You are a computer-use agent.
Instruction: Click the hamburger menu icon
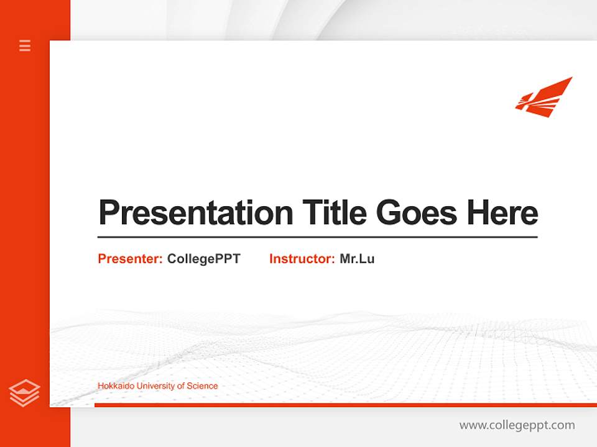point(25,45)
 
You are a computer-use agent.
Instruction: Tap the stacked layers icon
point(24,393)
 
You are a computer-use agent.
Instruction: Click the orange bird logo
point(544,97)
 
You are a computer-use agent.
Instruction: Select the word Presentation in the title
point(195,213)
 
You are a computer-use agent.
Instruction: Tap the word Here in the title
point(502,212)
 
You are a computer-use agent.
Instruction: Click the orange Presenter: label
point(130,259)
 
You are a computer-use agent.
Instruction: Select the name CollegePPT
point(203,259)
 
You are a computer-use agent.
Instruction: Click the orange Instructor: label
point(302,259)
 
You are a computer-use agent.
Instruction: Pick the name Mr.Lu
point(357,259)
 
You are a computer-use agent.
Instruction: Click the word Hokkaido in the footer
point(116,386)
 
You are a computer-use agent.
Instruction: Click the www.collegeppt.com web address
point(517,425)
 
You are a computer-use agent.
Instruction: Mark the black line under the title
point(317,237)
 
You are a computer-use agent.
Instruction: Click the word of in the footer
point(181,386)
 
